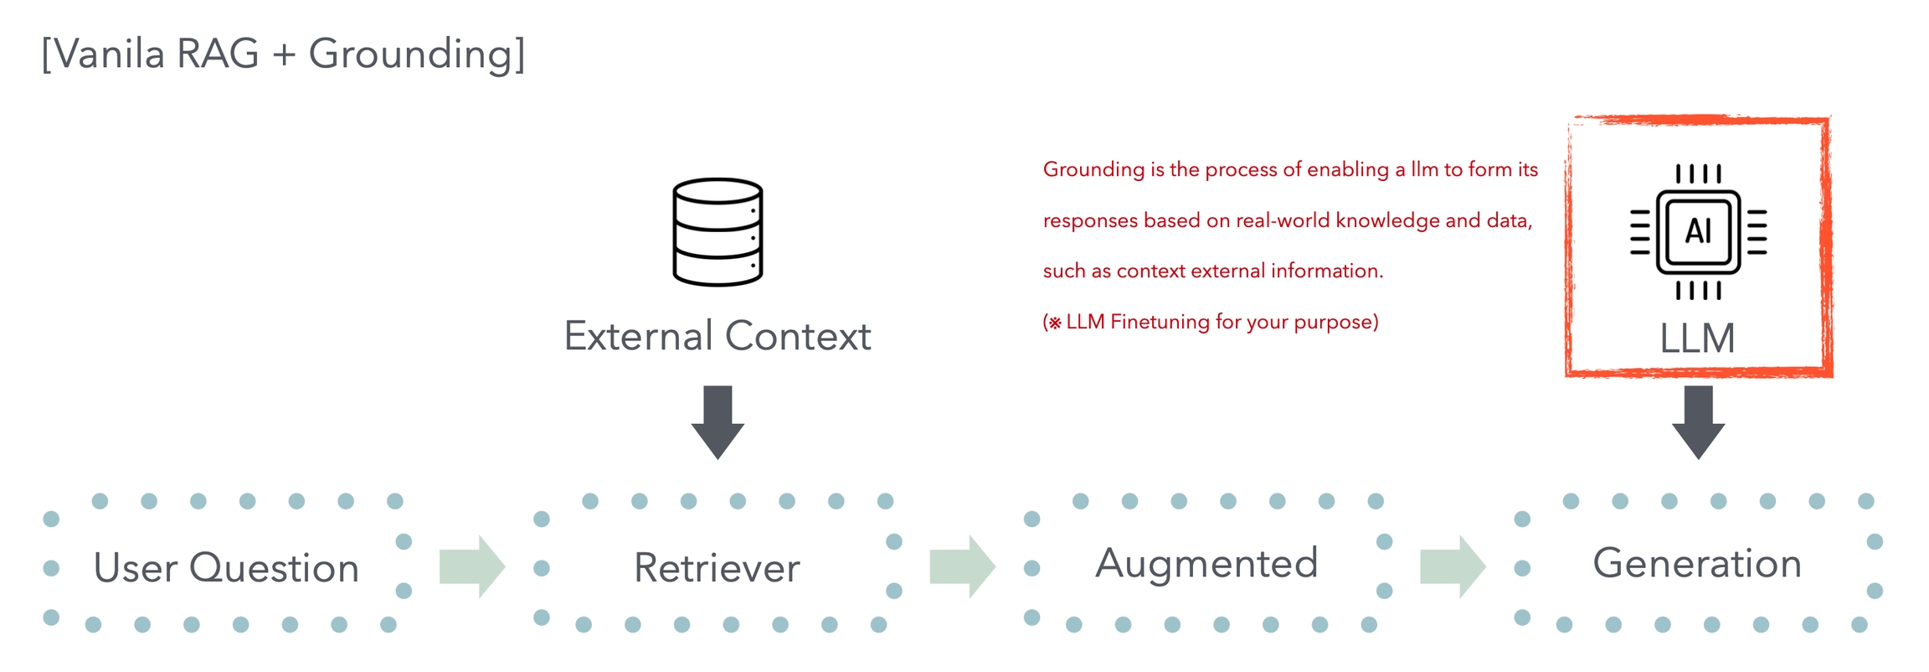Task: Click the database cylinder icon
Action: [x=718, y=232]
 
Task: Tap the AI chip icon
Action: [x=1698, y=231]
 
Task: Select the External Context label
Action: [x=718, y=336]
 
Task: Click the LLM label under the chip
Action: [x=1697, y=339]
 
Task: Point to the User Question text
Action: [x=226, y=568]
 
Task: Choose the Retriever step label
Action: [x=717, y=568]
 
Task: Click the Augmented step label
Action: [x=1206, y=563]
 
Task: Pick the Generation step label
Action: [x=1697, y=563]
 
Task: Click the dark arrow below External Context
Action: [x=718, y=421]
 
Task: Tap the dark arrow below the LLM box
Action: [x=1698, y=421]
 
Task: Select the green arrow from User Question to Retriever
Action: [x=472, y=566]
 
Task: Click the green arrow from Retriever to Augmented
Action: [x=962, y=566]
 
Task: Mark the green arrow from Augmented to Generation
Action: [x=1453, y=566]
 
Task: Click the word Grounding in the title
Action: [x=416, y=54]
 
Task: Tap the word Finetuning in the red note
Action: [x=1160, y=322]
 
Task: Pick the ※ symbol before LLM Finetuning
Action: [x=1055, y=323]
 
